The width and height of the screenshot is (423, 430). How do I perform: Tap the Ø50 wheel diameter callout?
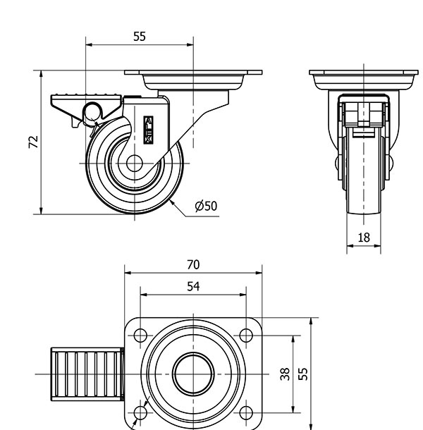pos(206,206)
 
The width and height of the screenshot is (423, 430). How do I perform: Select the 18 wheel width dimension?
pos(363,238)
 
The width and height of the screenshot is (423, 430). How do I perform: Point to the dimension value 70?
pos(192,265)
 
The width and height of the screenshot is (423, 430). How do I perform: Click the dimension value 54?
pos(192,286)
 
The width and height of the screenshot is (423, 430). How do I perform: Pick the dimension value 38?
pos(286,374)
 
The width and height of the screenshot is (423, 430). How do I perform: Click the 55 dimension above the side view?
pos(139,36)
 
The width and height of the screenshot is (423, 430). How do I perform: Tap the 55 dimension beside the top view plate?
pos(303,373)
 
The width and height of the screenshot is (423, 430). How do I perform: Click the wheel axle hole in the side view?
pos(135,163)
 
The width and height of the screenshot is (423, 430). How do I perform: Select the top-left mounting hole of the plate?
pos(140,336)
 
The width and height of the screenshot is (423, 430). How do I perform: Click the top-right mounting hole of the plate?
pos(246,336)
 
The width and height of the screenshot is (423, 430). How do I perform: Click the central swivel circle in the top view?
pos(192,374)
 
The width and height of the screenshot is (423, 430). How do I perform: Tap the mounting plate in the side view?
pos(192,73)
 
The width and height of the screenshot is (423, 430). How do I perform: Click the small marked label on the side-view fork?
pos(148,130)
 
